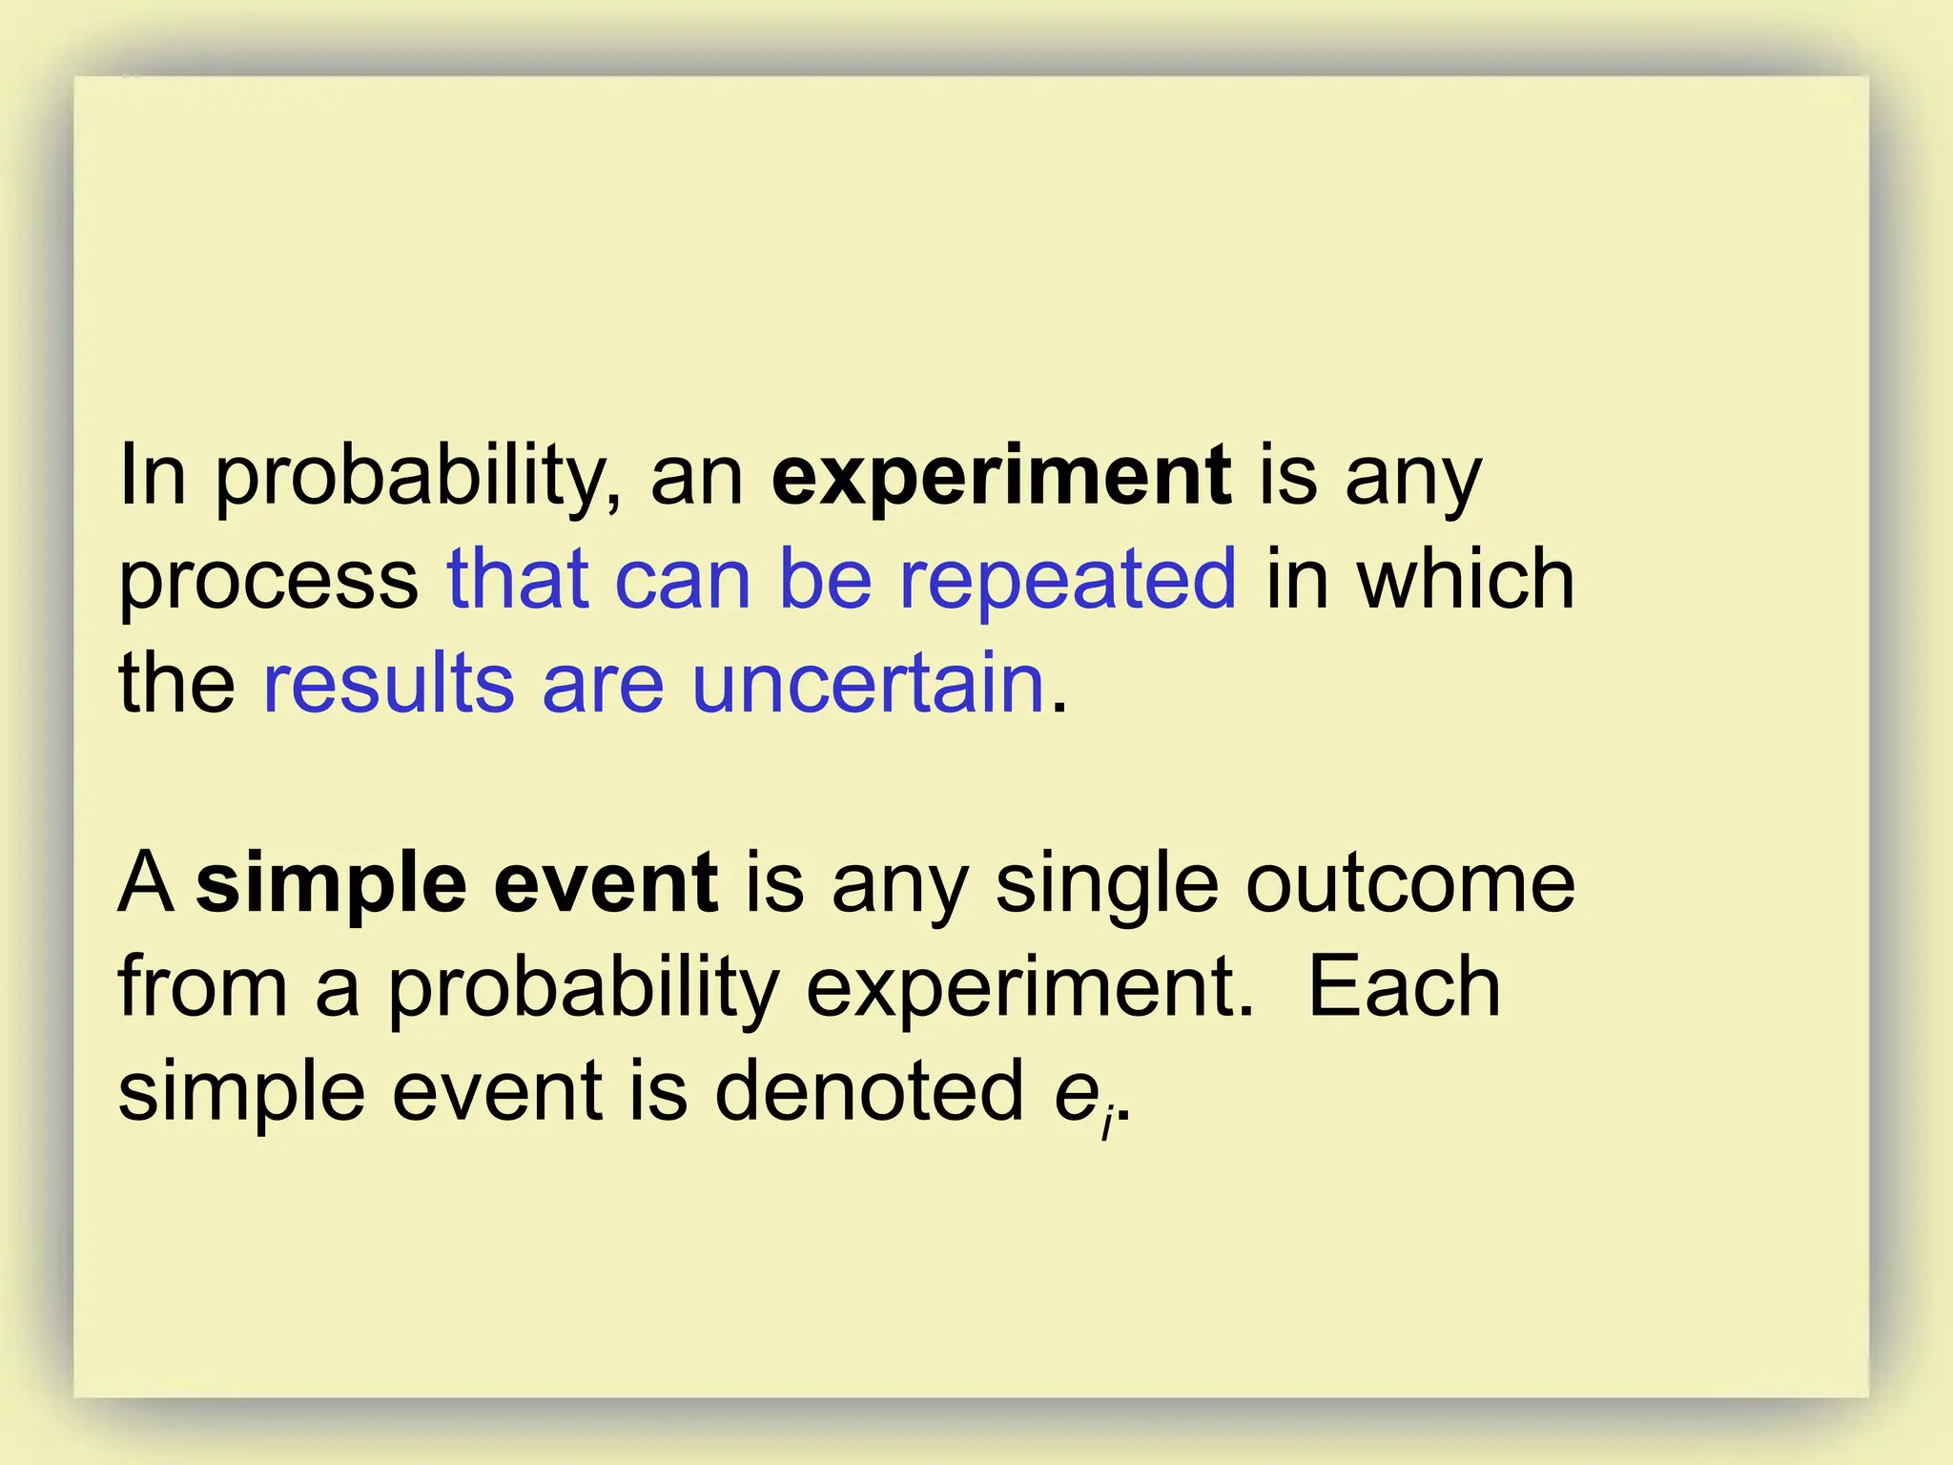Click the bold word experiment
(1001, 477)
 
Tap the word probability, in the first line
(419, 477)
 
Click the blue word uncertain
(868, 683)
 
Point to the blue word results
(388, 683)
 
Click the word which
(1466, 580)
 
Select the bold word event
(606, 883)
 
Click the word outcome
(1410, 883)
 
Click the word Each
(1404, 987)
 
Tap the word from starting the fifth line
(202, 987)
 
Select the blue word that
(518, 580)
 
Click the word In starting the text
(153, 477)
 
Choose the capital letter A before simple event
(146, 883)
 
